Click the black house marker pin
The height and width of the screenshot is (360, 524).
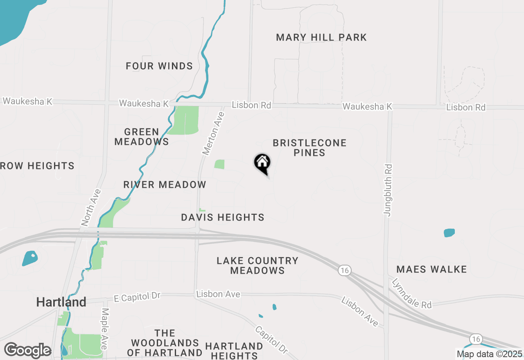pos(262,163)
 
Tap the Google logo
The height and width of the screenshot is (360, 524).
pos(27,351)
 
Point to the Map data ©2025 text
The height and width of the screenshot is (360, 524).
pos(490,354)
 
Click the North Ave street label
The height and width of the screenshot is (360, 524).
pos(91,207)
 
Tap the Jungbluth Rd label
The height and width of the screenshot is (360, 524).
pos(388,190)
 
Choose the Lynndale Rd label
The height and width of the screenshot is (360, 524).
pos(411,293)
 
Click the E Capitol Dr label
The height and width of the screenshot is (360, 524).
pos(137,296)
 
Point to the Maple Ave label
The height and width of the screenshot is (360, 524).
pos(104,328)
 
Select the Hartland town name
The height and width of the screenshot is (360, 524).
pos(61,302)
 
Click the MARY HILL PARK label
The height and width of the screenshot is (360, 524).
pos(321,38)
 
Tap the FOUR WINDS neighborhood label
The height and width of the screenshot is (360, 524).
pos(159,66)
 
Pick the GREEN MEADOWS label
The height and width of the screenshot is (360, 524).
pos(142,137)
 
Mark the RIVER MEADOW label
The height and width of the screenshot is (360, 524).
pos(165,184)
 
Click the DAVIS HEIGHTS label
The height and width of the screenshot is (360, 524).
pos(223,217)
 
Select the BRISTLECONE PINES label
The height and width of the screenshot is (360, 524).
pos(310,148)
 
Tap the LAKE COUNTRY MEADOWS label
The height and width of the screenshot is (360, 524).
pos(257,265)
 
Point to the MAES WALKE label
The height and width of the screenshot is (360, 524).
pos(431,269)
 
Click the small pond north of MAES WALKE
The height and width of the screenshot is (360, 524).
pos(449,233)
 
